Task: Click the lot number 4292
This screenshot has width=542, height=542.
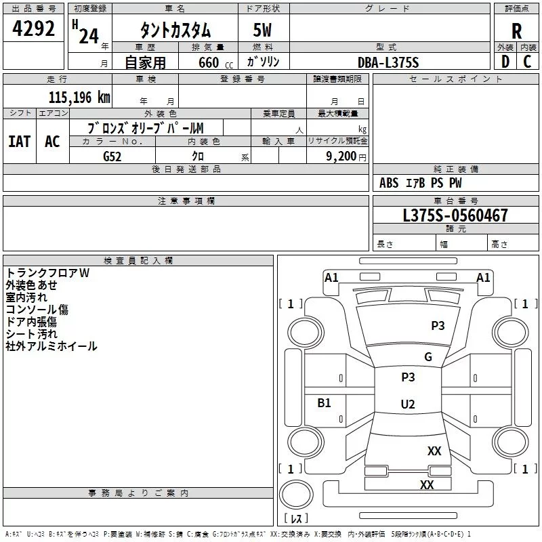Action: click(x=33, y=28)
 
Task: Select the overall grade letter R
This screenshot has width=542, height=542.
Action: click(x=516, y=31)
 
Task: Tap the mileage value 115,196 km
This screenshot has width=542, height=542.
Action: click(x=79, y=98)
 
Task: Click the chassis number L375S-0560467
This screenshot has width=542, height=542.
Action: click(x=455, y=215)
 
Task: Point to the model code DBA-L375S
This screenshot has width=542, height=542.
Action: click(x=388, y=62)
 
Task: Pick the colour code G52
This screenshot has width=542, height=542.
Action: click(x=112, y=157)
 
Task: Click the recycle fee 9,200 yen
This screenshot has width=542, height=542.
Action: click(x=346, y=157)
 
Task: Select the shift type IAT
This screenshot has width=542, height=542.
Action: click(x=20, y=142)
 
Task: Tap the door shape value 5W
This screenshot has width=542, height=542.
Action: click(x=262, y=30)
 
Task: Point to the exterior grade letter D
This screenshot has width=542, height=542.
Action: click(x=505, y=62)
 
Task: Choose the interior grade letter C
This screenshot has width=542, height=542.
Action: click(x=527, y=62)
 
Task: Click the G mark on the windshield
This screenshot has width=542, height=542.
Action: click(x=428, y=356)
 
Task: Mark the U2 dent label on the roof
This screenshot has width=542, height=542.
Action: click(x=408, y=404)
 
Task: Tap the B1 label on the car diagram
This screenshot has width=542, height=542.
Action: click(x=324, y=402)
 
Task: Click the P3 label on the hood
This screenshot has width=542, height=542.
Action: click(x=438, y=325)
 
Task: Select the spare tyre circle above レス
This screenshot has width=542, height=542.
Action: click(x=296, y=495)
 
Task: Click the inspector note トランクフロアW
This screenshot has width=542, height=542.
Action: click(x=47, y=273)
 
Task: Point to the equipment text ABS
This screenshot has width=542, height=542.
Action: click(x=389, y=183)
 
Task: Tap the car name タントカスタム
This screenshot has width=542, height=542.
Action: click(x=175, y=30)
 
